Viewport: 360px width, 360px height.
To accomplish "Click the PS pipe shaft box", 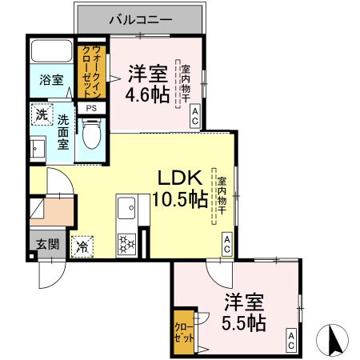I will [91, 108].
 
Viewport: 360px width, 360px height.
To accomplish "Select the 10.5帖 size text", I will [180, 199].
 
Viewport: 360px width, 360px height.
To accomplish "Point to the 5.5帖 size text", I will [244, 323].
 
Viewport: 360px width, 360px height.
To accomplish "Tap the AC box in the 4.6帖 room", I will [195, 118].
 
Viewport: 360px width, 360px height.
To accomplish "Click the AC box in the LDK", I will [227, 245].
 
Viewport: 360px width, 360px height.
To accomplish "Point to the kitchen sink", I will [126, 210].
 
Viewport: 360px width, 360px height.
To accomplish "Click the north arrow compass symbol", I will [334, 342].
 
